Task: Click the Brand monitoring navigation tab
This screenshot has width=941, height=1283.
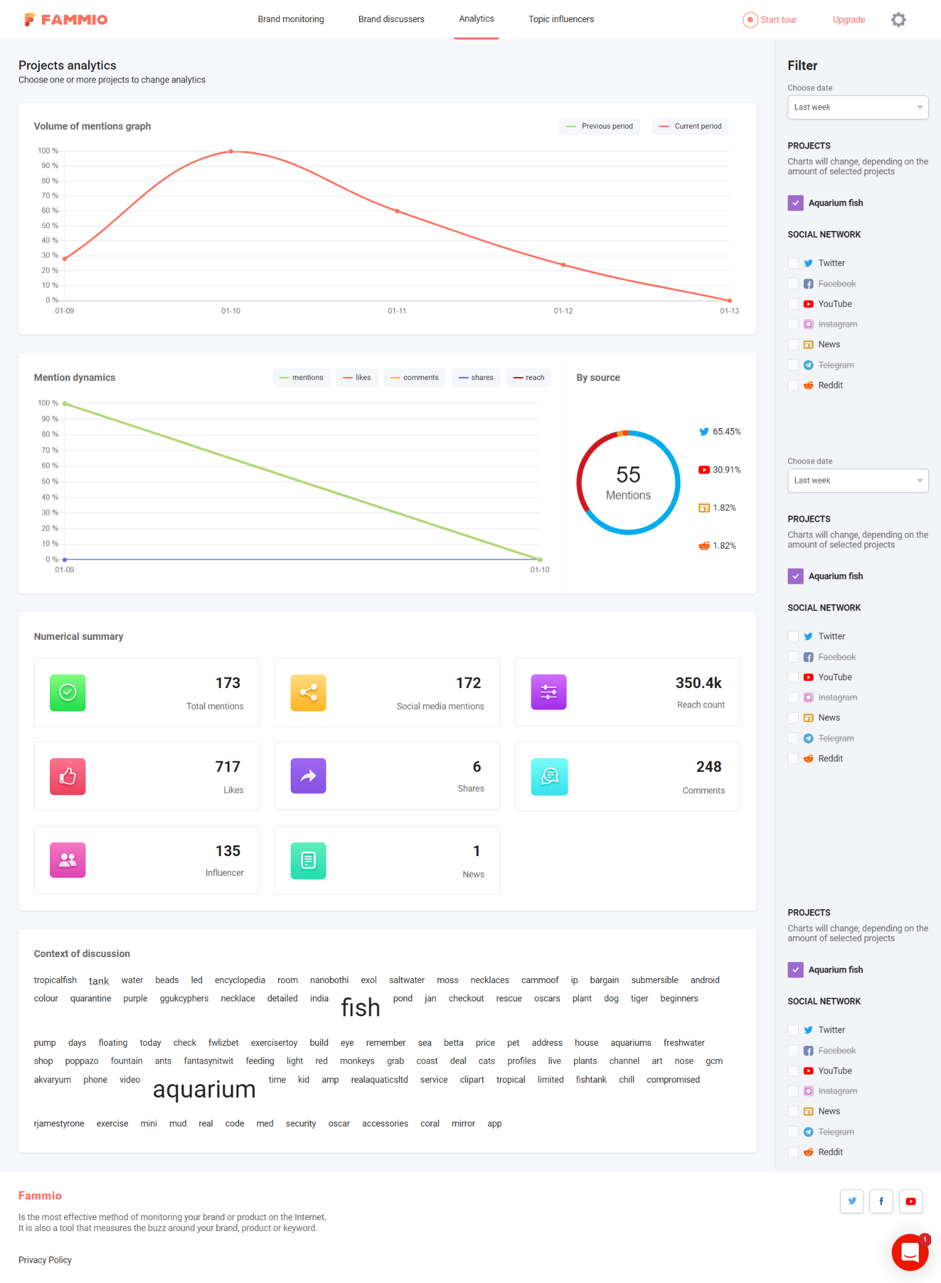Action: [291, 19]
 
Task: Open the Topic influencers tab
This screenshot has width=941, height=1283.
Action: [561, 19]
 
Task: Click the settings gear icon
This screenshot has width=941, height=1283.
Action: [899, 20]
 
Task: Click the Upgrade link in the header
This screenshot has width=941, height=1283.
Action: [849, 20]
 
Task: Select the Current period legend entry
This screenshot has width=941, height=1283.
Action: [690, 126]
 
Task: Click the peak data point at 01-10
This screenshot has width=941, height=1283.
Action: [231, 151]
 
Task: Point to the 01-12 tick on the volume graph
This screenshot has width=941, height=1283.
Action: [563, 311]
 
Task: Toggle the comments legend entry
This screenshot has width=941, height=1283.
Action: [414, 378]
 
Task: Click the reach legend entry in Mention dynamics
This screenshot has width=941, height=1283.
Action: [528, 378]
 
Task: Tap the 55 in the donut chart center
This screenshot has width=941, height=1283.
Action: [628, 474]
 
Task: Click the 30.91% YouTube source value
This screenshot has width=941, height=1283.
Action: [726, 470]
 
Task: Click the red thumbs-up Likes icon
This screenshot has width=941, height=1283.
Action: [68, 776]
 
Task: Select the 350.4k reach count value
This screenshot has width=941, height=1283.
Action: [698, 683]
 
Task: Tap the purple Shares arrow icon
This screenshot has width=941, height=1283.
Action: [308, 776]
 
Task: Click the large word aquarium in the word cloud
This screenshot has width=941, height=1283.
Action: [204, 1090]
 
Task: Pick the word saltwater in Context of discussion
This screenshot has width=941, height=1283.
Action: [406, 980]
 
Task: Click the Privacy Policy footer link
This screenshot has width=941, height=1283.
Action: [45, 1260]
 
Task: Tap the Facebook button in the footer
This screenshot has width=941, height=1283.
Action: [881, 1201]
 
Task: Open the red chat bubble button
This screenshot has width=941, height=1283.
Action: [910, 1252]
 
